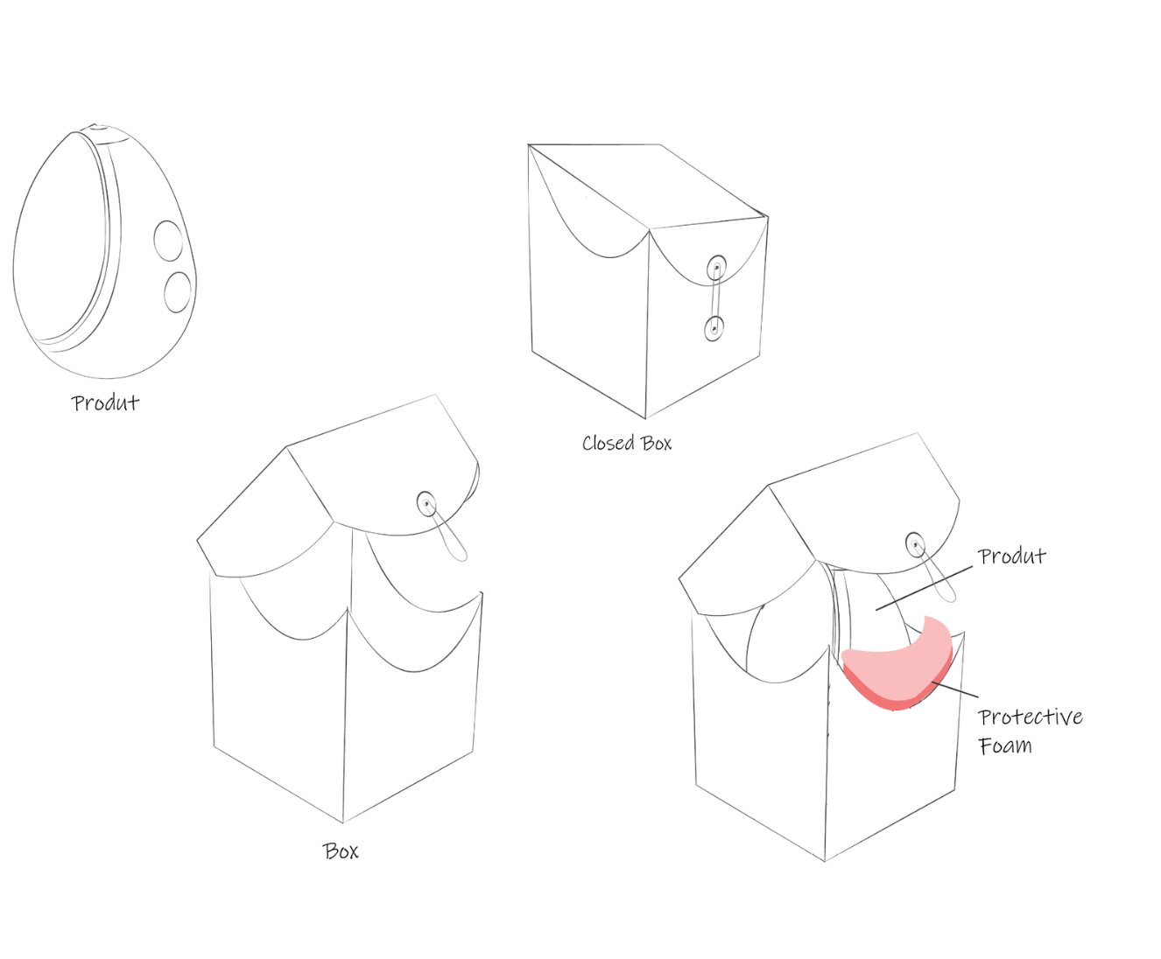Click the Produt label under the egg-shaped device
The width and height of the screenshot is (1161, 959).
point(105,402)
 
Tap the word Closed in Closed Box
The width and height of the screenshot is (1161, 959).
point(608,443)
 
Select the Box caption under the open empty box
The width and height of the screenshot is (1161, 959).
point(341,850)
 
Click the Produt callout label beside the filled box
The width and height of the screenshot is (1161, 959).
point(1011,556)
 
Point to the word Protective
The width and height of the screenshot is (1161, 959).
point(1031,717)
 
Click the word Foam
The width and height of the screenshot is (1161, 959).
point(1005,745)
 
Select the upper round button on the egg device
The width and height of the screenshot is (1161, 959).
point(168,240)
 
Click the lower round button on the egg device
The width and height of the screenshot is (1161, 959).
point(178,291)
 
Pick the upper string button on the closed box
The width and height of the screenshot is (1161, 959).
point(717,266)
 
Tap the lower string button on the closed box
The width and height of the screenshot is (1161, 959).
point(714,329)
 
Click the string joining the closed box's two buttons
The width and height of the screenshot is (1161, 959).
point(716,297)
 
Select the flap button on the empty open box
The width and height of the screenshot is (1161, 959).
point(426,503)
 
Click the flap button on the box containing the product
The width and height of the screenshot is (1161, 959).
point(915,544)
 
